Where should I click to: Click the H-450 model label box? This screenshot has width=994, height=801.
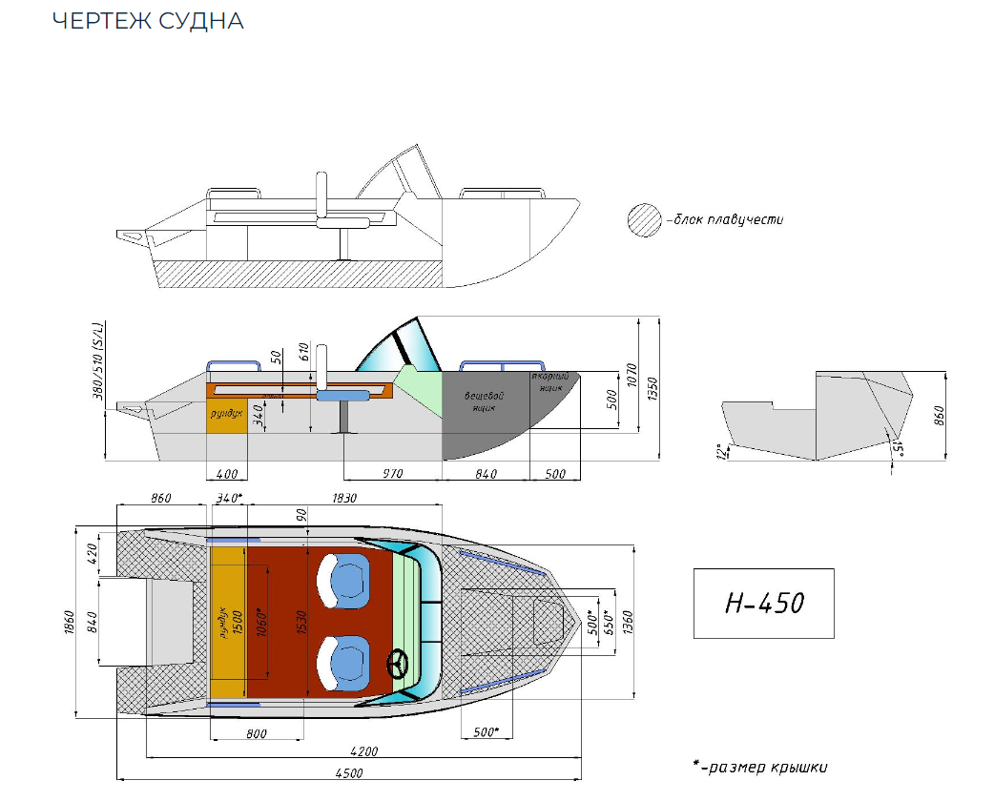coord(763,604)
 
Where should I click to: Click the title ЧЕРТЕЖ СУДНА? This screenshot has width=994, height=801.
coord(148,21)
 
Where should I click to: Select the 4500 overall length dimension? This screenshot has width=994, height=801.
coord(348,774)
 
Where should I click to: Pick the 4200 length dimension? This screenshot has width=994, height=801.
coord(364,751)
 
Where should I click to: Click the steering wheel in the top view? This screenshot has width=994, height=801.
coord(397,663)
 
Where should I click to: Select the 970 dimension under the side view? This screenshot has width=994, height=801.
coord(392,474)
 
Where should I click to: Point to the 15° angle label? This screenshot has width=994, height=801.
coord(901,448)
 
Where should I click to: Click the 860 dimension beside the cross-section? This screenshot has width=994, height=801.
coord(939,415)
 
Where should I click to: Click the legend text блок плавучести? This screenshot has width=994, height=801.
coord(728,220)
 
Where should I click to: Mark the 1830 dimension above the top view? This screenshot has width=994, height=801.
coord(345,498)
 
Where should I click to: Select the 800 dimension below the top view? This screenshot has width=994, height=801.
coord(256,733)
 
